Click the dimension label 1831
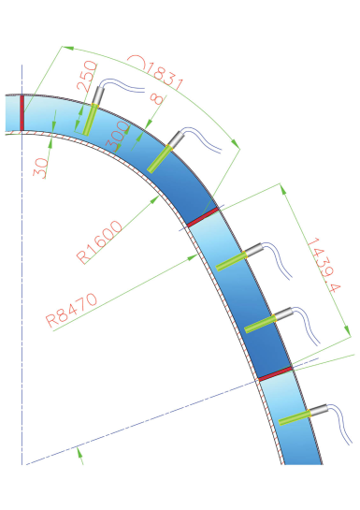pos(165,77)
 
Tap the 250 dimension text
pos(86,76)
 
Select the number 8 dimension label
pos(158,98)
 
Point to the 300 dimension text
pos(118,136)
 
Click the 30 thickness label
pos(41,168)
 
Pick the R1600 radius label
pos(99,241)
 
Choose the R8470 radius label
pos(71,310)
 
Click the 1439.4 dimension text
pos(324,265)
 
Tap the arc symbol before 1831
pos(137,62)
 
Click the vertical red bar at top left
pos(22,112)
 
